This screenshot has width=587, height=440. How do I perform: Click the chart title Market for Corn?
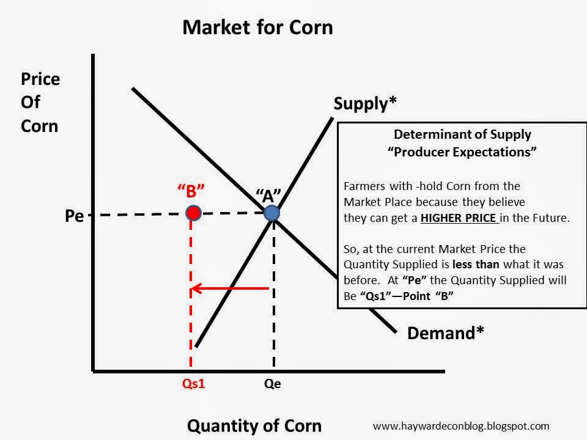pos(257,28)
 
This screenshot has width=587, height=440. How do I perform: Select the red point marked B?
pos(193,213)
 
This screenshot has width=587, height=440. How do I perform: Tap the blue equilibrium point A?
pos(272,213)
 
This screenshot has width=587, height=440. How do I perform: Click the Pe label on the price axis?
pos(74,216)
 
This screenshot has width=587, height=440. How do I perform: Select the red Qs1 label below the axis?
pos(193,384)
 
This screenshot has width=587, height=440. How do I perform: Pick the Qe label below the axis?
pos(273,384)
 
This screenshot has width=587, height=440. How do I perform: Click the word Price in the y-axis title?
pos(40,79)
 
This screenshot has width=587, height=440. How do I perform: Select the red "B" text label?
pos(191,191)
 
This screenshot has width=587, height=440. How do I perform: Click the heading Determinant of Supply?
pos(462,134)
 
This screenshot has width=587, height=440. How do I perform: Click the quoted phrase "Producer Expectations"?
pos(462,153)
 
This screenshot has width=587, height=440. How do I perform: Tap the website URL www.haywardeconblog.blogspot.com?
pos(460,426)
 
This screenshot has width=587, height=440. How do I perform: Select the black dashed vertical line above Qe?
pos(273,293)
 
